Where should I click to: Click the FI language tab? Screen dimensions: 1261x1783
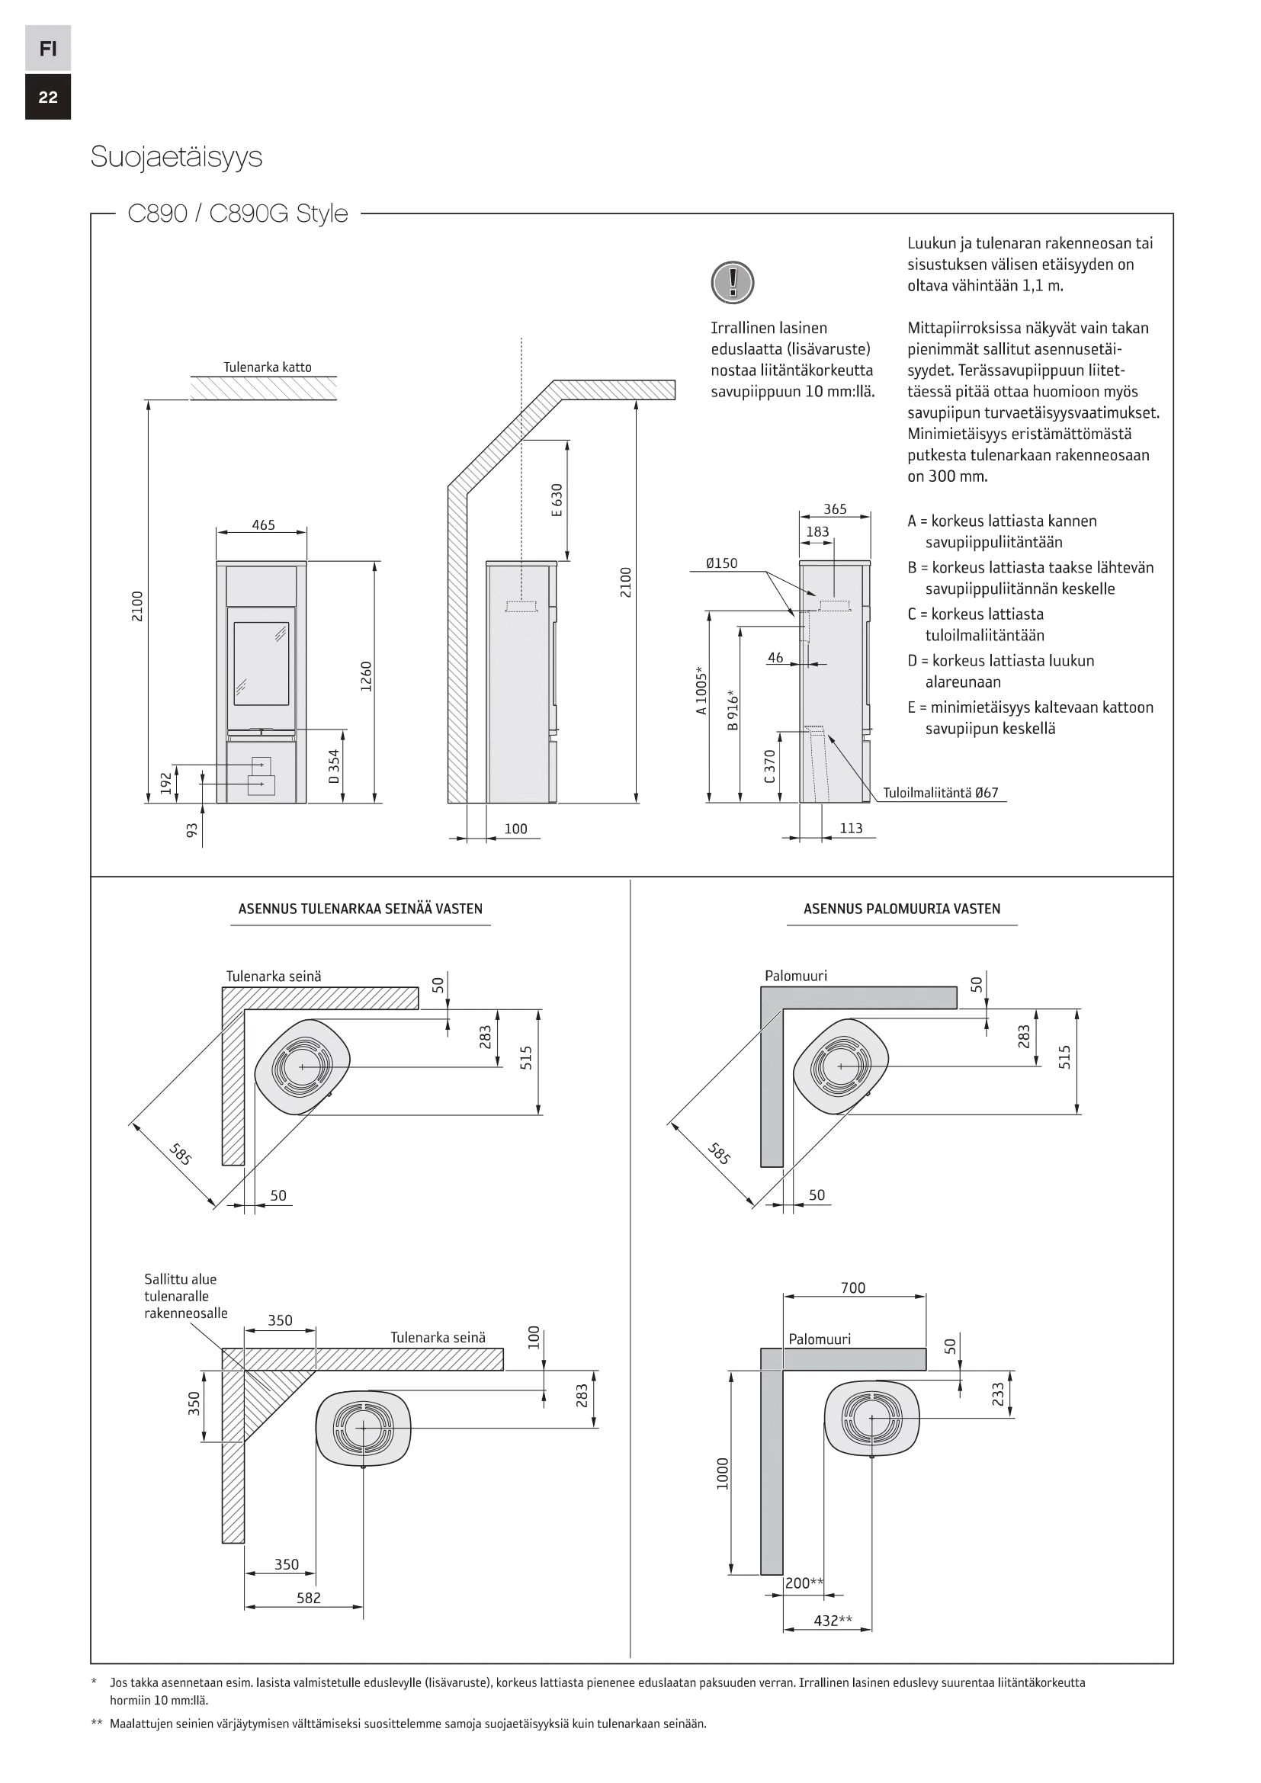[x=48, y=49]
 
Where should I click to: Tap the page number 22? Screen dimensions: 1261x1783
[x=48, y=97]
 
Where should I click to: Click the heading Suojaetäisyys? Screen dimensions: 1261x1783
[x=176, y=157]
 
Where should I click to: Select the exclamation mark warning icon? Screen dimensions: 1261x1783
[x=732, y=282]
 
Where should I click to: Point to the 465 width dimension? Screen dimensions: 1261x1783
[x=263, y=525]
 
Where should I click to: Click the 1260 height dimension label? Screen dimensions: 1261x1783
[x=367, y=675]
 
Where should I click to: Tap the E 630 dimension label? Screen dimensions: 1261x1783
[x=556, y=500]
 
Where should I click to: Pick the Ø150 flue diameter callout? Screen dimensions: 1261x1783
[x=721, y=563]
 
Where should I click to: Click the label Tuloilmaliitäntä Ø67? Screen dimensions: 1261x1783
[x=940, y=793]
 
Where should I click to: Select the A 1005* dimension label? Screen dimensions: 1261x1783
[x=701, y=690]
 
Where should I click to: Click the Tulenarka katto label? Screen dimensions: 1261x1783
[x=267, y=367]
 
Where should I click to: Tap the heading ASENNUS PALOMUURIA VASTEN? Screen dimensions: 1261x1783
[x=901, y=909]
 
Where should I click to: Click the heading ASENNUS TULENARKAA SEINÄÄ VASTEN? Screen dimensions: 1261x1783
[x=361, y=909]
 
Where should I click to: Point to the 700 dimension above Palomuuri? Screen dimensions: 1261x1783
[x=852, y=1288]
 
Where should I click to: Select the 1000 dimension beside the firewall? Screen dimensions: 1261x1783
[x=723, y=1474]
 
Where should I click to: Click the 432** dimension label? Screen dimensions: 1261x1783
[x=833, y=1620]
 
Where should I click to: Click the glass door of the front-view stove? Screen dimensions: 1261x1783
[x=261, y=662]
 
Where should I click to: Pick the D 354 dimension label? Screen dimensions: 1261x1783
[x=334, y=765]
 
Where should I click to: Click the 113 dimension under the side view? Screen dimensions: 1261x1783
[x=851, y=828]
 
